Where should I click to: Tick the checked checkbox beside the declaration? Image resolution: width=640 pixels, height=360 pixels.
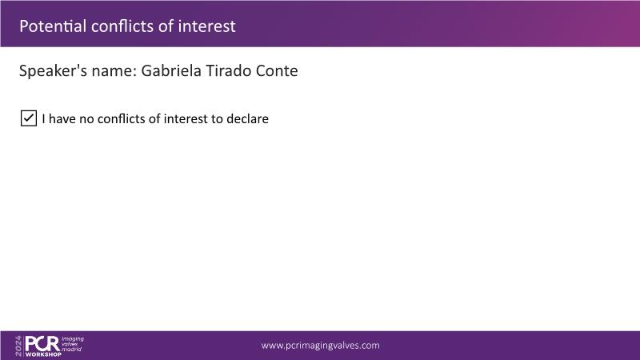pos(29,118)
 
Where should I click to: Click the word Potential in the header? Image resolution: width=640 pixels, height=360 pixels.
pos(53,26)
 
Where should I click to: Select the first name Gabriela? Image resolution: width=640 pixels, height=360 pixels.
pos(171,70)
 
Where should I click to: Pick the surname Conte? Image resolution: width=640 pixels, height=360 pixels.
pos(277,70)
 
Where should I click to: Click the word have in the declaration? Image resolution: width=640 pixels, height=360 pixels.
pos(62,118)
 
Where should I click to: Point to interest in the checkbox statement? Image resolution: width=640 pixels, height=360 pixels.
pos(186,118)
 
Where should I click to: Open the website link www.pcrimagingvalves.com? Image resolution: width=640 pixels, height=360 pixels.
pos(321,346)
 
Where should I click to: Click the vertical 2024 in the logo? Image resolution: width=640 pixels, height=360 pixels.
pos(18,346)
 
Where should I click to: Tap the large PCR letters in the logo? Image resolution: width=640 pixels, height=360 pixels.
pos(43,344)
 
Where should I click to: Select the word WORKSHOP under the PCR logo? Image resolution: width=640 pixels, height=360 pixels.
pos(43,354)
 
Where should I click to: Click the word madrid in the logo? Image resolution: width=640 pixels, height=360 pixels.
pos(71,349)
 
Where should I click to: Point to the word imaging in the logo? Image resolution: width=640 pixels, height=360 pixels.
pos(73,339)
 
